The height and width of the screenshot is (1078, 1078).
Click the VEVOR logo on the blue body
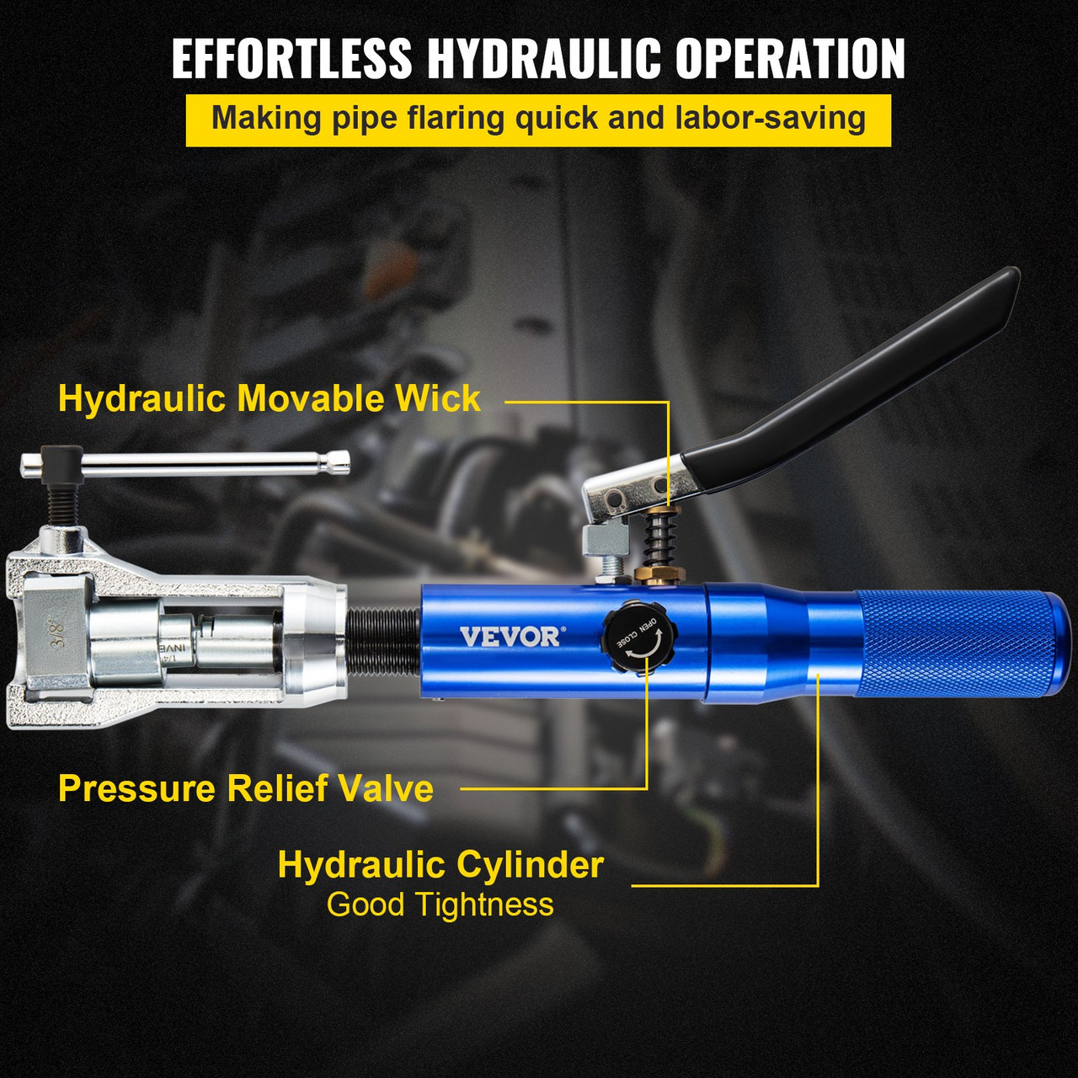[509, 636]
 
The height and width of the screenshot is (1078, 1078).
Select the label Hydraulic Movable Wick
[269, 398]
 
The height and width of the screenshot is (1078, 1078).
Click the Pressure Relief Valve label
[246, 788]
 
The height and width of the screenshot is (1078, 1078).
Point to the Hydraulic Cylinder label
[440, 865]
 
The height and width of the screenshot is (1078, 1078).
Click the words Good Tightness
[440, 905]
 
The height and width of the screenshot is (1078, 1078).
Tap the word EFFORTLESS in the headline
[291, 59]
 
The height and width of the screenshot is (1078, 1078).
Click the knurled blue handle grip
[960, 644]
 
